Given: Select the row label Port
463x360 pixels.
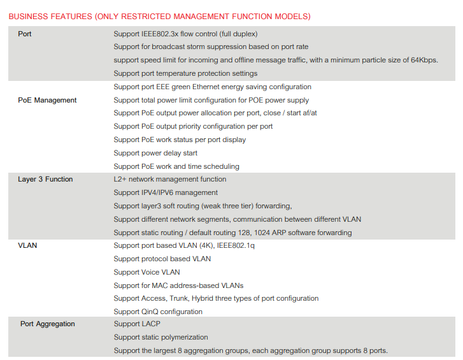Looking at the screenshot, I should point(25,34).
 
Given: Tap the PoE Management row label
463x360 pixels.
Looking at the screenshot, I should point(47,100).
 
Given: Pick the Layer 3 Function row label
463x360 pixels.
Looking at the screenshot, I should point(45,179).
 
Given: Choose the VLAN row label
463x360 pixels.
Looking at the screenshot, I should point(27,245).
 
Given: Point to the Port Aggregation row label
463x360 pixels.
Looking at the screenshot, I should point(48,324).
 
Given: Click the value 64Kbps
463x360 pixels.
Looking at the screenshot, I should point(422,60).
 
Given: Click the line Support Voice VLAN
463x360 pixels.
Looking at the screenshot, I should point(146,272).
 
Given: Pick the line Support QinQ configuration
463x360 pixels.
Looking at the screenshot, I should point(158,312).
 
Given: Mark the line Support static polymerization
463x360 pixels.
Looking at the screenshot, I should point(161,337).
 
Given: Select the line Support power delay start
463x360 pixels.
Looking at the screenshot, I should point(155,153).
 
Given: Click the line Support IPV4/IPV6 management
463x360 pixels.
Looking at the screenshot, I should point(166,192).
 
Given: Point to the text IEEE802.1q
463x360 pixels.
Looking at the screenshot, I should point(235,245).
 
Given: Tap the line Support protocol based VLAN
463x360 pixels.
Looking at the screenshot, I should point(162,259).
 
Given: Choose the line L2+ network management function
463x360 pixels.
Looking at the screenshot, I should point(169,179).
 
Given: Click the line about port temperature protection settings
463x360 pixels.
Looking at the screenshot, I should point(185,73).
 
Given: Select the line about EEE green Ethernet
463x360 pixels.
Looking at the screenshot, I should point(212,87).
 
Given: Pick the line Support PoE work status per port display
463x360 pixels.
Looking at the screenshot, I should point(180,140).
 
